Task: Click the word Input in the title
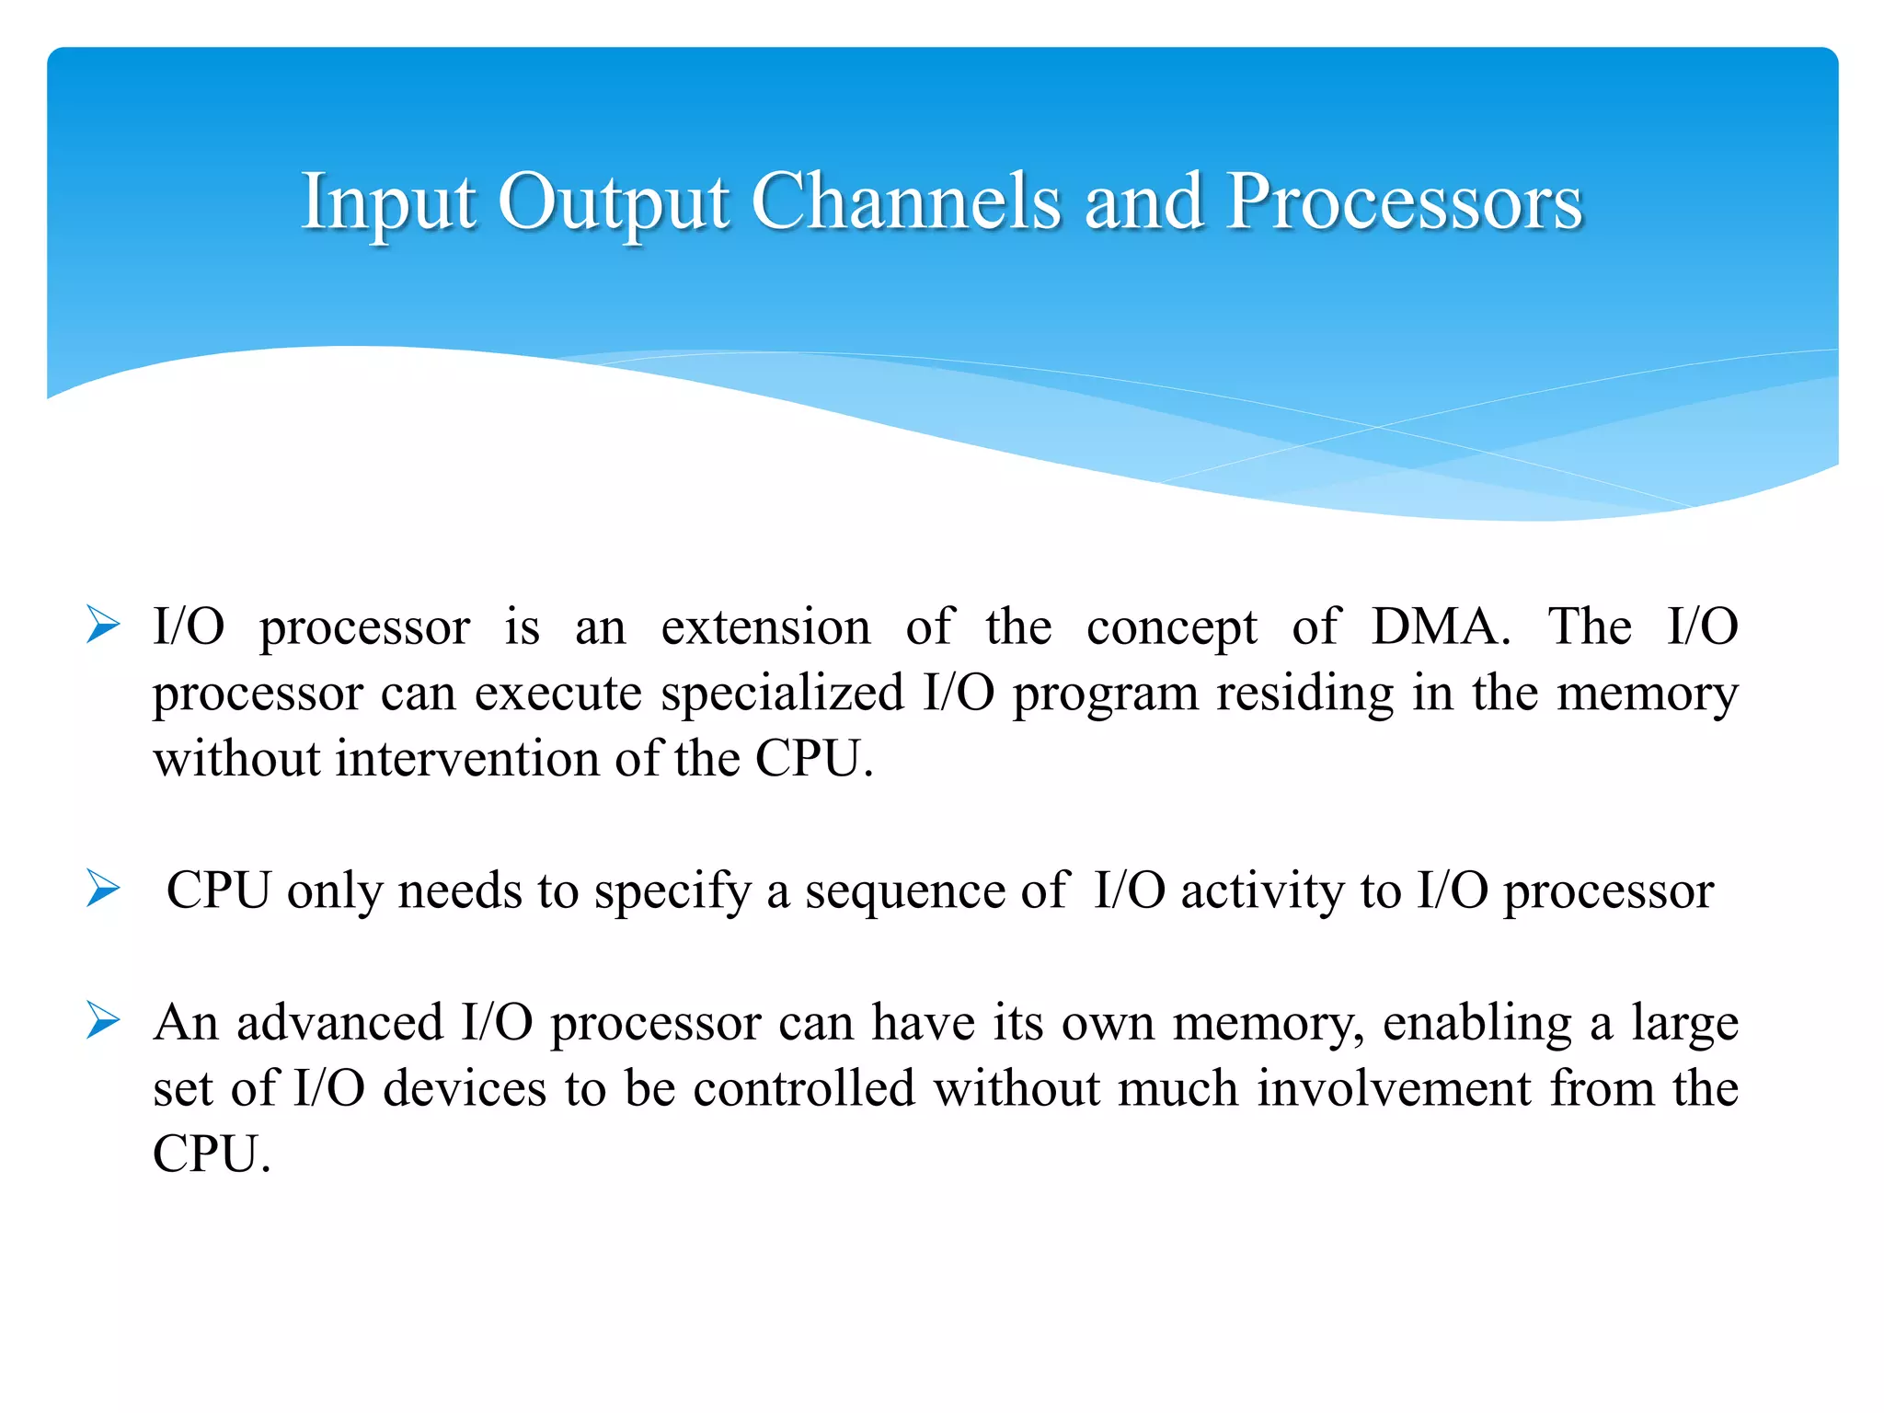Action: [388, 202]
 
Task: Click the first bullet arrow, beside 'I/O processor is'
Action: [103, 626]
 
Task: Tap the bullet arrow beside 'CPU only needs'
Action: [103, 889]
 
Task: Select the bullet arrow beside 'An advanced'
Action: [103, 1021]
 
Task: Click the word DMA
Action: [1440, 627]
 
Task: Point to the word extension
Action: [765, 627]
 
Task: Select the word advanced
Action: [339, 1022]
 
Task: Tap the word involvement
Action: [1394, 1088]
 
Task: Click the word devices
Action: [465, 1088]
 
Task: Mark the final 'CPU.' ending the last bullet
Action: [211, 1154]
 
